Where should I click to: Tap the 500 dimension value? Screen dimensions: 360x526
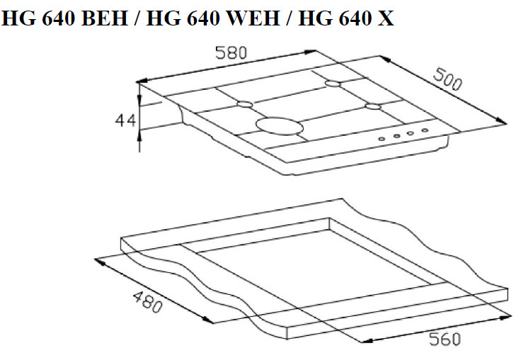click(447, 80)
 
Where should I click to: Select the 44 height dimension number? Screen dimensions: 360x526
click(125, 120)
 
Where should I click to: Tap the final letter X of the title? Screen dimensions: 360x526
click(386, 19)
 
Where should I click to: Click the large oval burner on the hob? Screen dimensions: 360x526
click(279, 127)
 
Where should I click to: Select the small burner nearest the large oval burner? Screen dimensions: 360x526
click(244, 105)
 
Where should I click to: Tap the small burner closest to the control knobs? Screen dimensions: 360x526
click(373, 107)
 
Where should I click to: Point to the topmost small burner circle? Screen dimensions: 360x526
click(333, 84)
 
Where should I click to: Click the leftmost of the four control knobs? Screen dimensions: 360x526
click(382, 139)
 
